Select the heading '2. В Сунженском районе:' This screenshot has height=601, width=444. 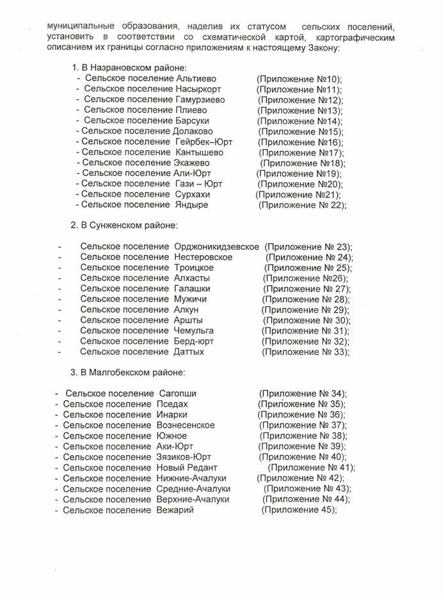123,225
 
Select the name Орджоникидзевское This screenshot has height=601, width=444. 216,246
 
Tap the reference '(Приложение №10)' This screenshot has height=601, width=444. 299,79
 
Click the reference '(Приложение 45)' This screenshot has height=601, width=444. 299,510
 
